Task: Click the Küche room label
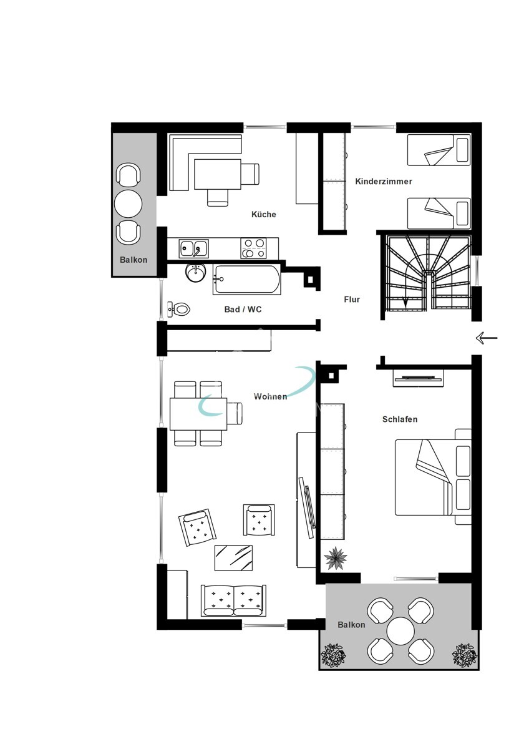tap(263, 214)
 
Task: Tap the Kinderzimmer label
tap(383, 182)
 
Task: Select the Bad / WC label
tap(243, 309)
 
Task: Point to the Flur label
tap(352, 300)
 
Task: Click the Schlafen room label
tap(399, 419)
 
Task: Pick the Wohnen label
tap(270, 396)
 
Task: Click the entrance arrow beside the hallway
tap(486, 338)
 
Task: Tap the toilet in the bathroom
tap(180, 308)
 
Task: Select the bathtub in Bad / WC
tap(246, 280)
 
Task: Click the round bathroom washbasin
tap(196, 272)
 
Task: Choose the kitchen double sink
tap(194, 248)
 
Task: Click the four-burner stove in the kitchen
tap(254, 248)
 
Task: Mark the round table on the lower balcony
tap(400, 631)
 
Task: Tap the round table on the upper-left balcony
tap(129, 203)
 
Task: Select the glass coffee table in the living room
tap(233, 557)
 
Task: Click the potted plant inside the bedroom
tap(336, 557)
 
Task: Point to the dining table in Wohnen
tap(198, 414)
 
